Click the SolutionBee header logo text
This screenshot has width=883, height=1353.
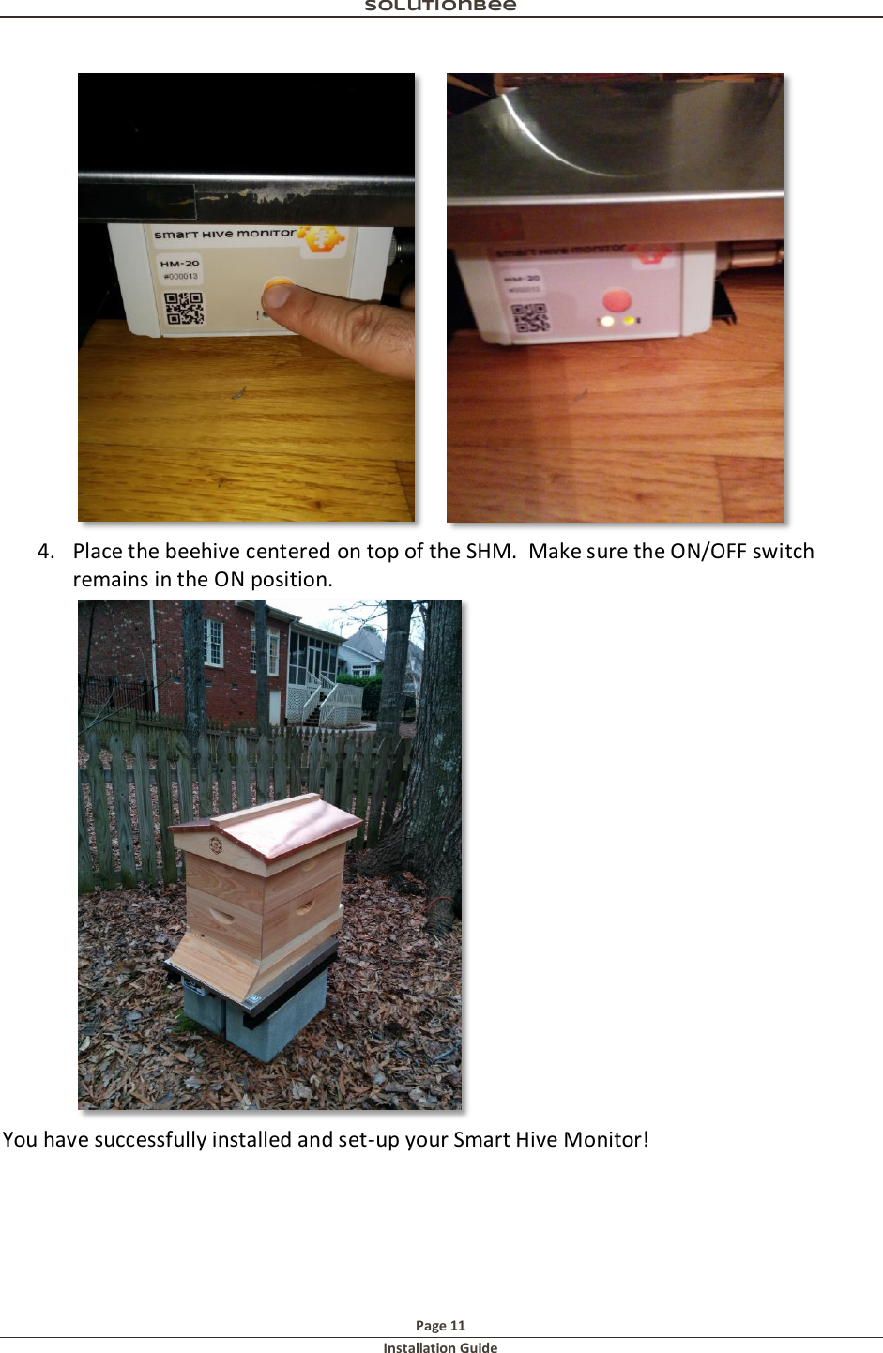coord(440,6)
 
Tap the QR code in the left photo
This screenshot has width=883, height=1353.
coord(184,308)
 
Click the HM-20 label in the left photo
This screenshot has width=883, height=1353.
coord(178,264)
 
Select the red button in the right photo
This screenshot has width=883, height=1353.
coord(617,300)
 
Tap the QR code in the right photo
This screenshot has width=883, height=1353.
coord(530,317)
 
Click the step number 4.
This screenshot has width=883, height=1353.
coord(45,552)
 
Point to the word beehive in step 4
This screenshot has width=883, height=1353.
coord(202,552)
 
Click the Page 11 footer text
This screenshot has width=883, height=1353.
coord(440,1326)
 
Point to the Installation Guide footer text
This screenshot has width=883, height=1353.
coord(440,1347)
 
